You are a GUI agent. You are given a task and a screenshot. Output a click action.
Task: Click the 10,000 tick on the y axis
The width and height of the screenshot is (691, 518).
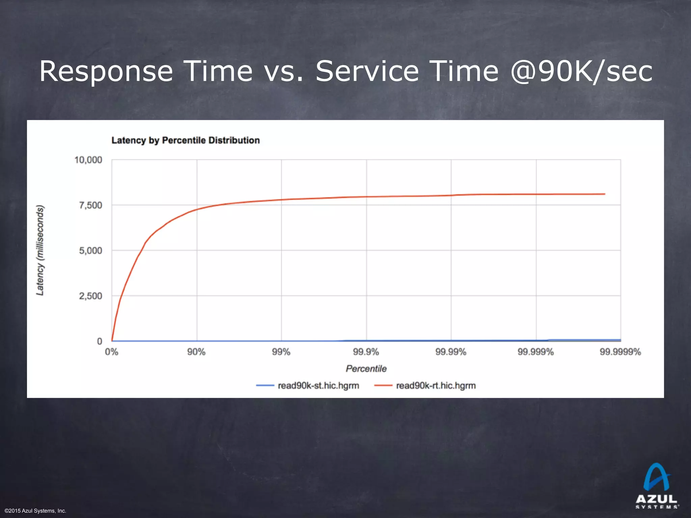(x=88, y=160)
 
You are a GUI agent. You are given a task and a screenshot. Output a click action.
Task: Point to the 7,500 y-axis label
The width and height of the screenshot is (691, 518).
(x=90, y=205)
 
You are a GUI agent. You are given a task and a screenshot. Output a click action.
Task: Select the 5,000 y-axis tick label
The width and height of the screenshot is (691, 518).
(x=90, y=251)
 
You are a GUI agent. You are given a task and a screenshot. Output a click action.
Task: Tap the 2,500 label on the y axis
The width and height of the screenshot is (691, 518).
(x=90, y=296)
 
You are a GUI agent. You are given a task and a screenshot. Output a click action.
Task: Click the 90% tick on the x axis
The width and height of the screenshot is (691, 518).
(x=196, y=352)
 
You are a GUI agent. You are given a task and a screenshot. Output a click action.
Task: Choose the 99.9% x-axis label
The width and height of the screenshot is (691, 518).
(x=366, y=352)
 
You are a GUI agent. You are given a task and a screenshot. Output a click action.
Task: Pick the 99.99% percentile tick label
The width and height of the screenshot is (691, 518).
(x=451, y=352)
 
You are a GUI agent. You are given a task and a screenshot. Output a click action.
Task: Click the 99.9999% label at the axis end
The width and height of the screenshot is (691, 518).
(x=620, y=352)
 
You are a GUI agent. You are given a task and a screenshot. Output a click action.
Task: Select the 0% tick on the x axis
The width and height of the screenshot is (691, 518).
(x=112, y=352)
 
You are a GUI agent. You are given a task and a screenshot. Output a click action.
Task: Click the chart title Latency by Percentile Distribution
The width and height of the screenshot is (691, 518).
(x=186, y=140)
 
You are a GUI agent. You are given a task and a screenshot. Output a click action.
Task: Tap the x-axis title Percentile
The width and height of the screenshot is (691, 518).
(x=366, y=369)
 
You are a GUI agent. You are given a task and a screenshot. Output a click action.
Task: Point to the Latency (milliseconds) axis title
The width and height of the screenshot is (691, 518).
(x=40, y=250)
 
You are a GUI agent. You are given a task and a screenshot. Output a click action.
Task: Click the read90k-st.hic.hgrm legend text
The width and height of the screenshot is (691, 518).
(x=318, y=385)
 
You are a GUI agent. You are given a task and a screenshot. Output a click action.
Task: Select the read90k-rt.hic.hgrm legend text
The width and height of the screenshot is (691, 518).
(x=436, y=385)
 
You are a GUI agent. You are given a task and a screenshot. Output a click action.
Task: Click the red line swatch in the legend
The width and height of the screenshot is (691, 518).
(x=383, y=385)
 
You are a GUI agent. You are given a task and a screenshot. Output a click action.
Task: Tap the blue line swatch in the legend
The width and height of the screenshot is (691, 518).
(x=265, y=385)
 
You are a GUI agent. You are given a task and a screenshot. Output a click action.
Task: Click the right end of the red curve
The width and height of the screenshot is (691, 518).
(x=605, y=194)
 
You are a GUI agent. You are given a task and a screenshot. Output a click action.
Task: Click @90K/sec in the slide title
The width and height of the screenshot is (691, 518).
(x=581, y=71)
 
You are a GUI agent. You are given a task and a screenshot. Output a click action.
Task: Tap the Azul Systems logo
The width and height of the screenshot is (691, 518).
(x=657, y=486)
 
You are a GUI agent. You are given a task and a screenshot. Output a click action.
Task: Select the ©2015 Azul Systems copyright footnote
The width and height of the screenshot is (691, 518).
(x=35, y=511)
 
